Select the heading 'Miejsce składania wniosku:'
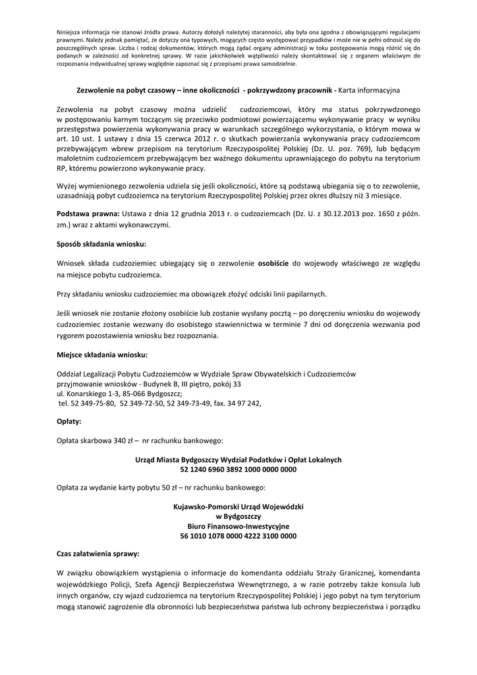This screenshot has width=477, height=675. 98,355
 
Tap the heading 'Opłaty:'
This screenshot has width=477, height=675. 69,421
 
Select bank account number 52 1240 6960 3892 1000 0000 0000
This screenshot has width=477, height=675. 238,470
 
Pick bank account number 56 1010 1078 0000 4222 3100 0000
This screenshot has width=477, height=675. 238,537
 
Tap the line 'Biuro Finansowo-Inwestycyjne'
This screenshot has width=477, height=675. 238,526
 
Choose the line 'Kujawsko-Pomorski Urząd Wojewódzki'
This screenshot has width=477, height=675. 238,506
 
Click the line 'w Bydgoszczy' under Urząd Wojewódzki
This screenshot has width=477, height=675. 238,516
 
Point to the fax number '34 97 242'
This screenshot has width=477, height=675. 245,403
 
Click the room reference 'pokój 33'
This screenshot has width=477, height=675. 225,384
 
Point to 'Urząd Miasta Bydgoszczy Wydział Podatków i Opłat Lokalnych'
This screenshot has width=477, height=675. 238,459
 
